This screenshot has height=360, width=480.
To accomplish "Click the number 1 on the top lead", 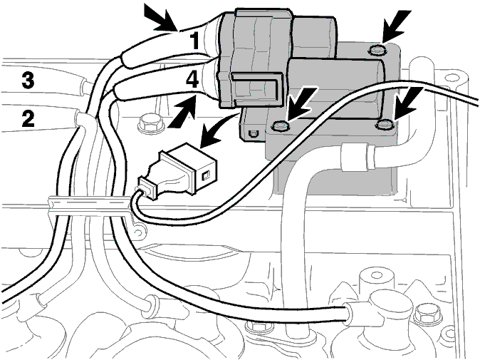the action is tap(194, 41).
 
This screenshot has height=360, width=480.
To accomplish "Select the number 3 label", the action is tap(28, 81).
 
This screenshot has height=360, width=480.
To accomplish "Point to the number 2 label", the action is tap(28, 119).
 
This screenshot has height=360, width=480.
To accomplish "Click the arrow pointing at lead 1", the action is tap(162, 19).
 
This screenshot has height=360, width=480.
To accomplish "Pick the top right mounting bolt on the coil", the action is tap(377, 50).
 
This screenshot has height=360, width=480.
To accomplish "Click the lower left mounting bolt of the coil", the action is tap(280, 126).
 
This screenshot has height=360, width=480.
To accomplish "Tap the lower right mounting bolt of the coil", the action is tap(385, 125).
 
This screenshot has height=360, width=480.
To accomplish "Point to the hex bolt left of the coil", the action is tap(150, 123).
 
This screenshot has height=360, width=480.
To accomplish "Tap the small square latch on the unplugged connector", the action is tap(206, 176).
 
